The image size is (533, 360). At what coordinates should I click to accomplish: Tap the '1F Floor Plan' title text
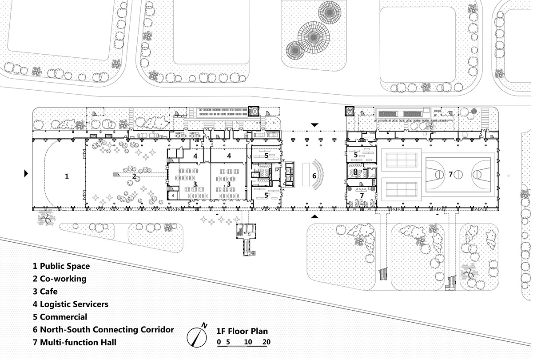click(x=242, y=331)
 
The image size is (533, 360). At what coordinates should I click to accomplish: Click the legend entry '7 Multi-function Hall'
click(x=75, y=342)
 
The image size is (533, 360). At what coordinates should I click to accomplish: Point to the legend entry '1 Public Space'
click(x=61, y=266)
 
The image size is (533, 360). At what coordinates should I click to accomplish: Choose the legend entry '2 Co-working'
click(x=60, y=279)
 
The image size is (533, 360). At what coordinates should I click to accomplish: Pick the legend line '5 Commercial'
click(x=60, y=317)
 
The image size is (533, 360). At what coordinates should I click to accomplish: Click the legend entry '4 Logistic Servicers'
click(x=70, y=304)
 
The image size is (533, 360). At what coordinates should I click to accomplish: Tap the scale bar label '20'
click(x=266, y=342)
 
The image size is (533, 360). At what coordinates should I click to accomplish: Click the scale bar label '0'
click(x=219, y=342)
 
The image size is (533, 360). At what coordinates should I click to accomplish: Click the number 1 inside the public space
click(x=67, y=176)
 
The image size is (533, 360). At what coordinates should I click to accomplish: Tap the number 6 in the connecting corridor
click(x=314, y=176)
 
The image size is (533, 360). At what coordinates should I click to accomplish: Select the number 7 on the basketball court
click(x=450, y=174)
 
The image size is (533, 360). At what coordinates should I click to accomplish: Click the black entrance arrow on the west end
click(x=26, y=173)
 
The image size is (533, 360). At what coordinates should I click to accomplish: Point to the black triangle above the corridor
click(x=314, y=125)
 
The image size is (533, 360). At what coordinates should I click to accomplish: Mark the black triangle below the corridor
click(x=314, y=216)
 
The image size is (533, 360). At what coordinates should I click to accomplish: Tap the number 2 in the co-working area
click(x=134, y=176)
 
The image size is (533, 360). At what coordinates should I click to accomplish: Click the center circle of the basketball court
click(x=459, y=174)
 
